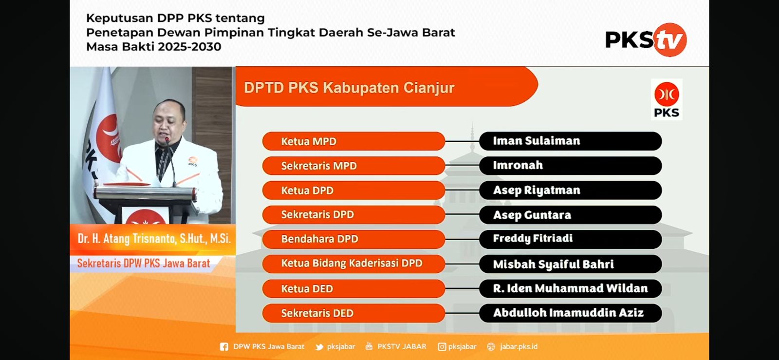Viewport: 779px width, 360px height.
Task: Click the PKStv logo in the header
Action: pyautogui.click(x=646, y=39)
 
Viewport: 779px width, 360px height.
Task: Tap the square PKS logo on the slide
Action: pyautogui.click(x=667, y=99)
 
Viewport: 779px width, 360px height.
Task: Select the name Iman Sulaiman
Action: pyautogui.click(x=537, y=141)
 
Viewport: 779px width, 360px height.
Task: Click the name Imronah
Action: pyautogui.click(x=518, y=165)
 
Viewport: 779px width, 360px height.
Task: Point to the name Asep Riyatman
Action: pyautogui.click(x=537, y=190)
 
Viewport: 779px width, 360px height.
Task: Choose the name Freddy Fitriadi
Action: pyautogui.click(x=533, y=238)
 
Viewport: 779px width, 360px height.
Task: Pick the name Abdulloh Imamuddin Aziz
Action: pyautogui.click(x=568, y=313)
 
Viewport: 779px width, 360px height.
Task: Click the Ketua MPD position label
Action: pyautogui.click(x=309, y=141)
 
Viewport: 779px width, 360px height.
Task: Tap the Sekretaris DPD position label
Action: pyautogui.click(x=317, y=214)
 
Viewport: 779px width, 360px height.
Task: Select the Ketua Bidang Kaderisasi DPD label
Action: pyautogui.click(x=352, y=263)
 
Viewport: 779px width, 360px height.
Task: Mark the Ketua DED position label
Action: pyautogui.click(x=307, y=288)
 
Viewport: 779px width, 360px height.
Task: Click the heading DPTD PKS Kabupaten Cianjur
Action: pyautogui.click(x=349, y=88)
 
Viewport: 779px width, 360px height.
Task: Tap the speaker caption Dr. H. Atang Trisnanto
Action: pyautogui.click(x=154, y=239)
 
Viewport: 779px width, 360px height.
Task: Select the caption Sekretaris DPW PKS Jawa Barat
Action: pyautogui.click(x=143, y=264)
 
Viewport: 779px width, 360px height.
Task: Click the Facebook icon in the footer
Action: pyautogui.click(x=224, y=347)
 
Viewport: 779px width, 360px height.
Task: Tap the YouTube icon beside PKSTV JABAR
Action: pyautogui.click(x=369, y=346)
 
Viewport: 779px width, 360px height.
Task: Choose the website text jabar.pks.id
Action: pyautogui.click(x=519, y=346)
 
